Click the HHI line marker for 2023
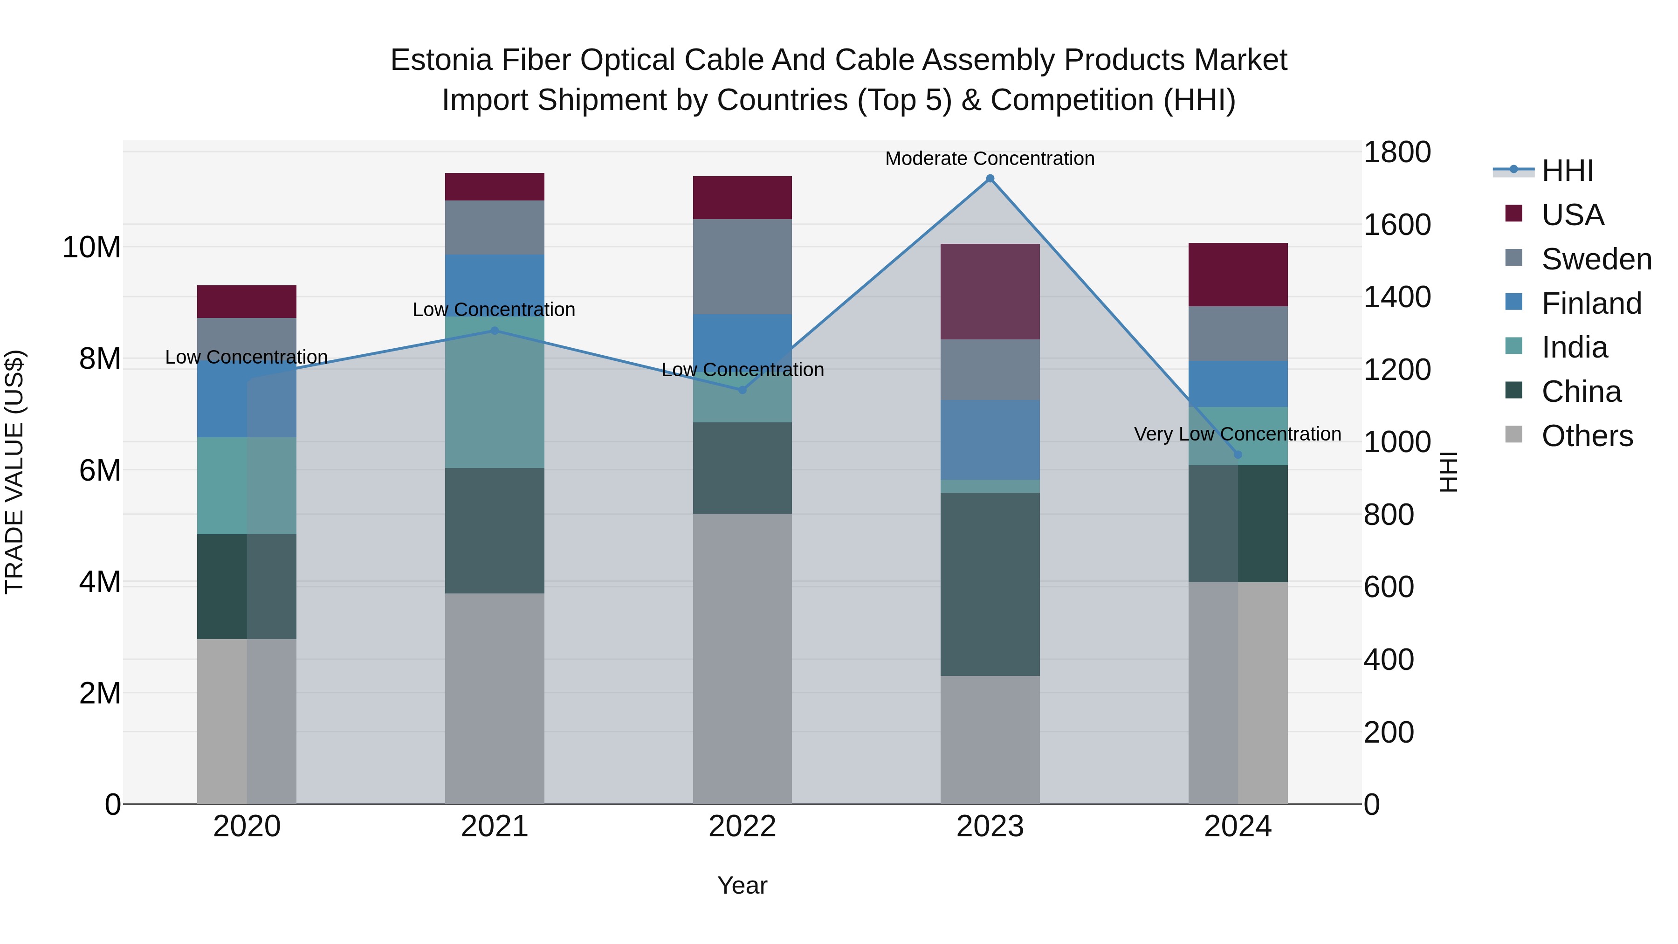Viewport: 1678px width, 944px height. [990, 179]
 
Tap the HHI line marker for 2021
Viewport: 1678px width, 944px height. [495, 331]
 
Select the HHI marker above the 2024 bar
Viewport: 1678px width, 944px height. [1238, 455]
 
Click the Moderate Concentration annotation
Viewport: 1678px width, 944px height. [990, 158]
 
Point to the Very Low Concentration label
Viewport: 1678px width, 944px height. [1237, 434]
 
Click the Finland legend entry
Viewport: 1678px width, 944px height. [1591, 303]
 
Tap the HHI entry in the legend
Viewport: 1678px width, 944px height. [1567, 171]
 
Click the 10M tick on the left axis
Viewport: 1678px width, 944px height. [91, 248]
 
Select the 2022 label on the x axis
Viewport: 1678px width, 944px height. [742, 827]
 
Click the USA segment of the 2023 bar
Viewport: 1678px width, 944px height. [990, 291]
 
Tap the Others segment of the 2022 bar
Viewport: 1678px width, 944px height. [742, 658]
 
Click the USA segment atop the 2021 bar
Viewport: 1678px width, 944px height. [495, 187]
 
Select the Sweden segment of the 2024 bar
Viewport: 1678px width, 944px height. [1238, 334]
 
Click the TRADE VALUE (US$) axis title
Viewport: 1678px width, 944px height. [14, 472]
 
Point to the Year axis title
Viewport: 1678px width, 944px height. [742, 885]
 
